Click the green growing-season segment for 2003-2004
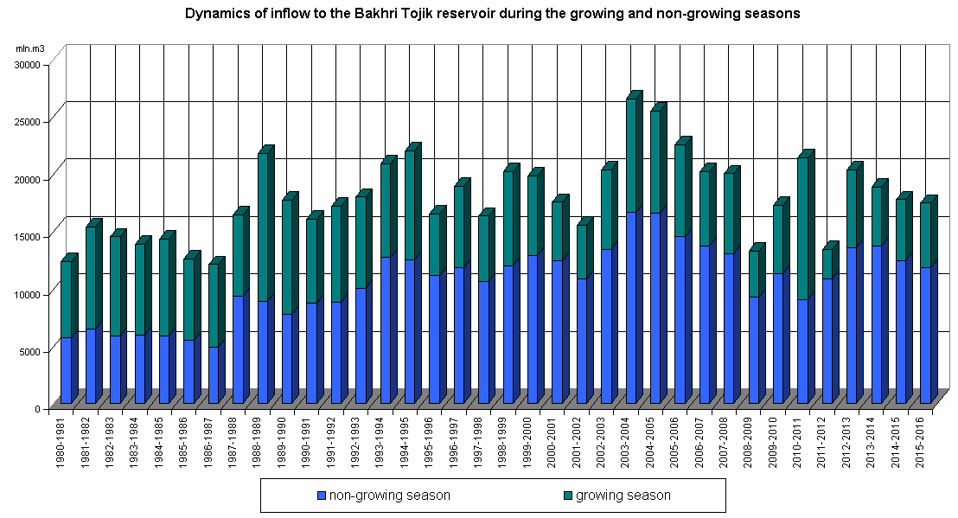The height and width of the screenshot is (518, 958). (632, 156)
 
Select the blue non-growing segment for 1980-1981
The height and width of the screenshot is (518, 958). (66, 370)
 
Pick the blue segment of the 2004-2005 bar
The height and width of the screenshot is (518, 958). (656, 307)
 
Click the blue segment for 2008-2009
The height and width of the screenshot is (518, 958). (754, 349)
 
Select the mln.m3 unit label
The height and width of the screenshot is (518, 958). (29, 48)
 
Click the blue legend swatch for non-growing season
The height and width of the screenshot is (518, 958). (322, 496)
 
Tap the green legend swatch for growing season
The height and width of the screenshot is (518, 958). (567, 496)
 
